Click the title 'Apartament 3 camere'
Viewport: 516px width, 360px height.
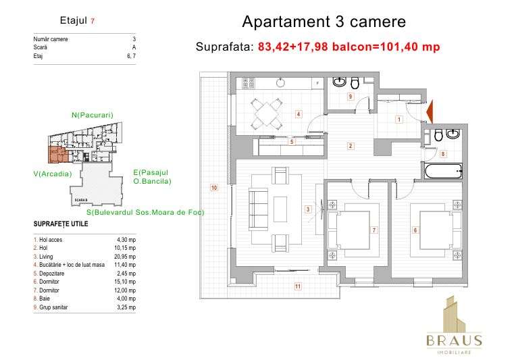coord(324,22)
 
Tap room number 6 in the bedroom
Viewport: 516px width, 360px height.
coord(415,230)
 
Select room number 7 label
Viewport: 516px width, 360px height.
coord(373,230)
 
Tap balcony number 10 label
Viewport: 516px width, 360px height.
coord(213,188)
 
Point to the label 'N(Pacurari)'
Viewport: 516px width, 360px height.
coord(92,115)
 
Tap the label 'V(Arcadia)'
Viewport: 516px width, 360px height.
coord(52,174)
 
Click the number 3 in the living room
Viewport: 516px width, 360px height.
coord(307,209)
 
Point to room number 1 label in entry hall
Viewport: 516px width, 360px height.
coord(398,120)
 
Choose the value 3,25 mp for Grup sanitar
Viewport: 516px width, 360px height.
coord(126,307)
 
